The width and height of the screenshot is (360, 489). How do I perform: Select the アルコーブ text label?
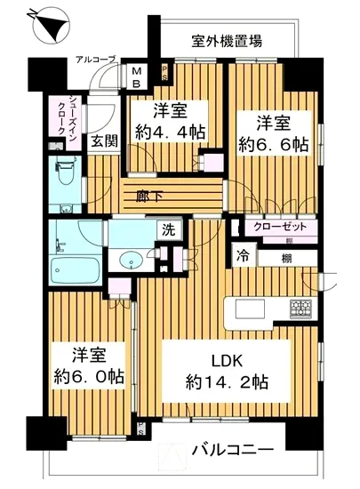(x=95, y=59)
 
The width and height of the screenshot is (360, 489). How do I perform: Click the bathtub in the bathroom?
(x=75, y=268)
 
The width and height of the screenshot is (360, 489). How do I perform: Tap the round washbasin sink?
(x=131, y=261)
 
